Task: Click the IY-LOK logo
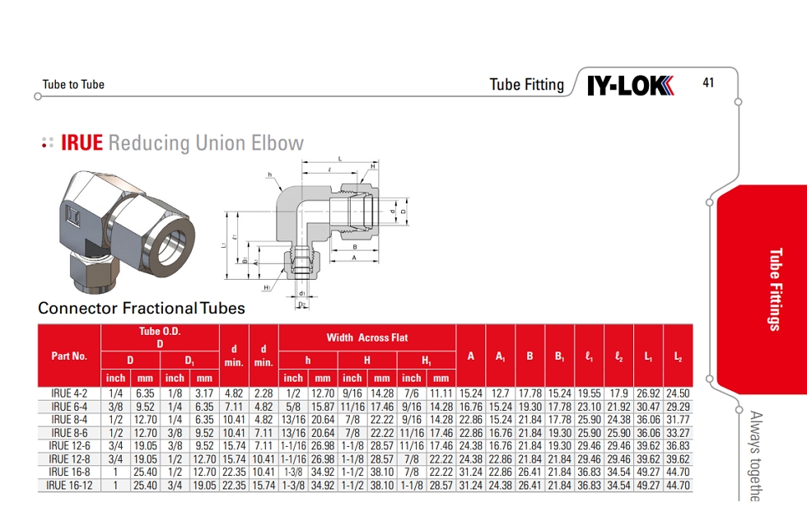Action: [630, 85]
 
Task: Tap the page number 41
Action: [708, 82]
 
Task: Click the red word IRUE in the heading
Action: [82, 143]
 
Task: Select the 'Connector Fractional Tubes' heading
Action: [142, 309]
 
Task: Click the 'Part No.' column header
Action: [69, 356]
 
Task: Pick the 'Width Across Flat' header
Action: [367, 337]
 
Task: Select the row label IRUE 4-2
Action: [69, 393]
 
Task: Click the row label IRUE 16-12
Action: [69, 486]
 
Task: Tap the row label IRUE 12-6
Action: [69, 446]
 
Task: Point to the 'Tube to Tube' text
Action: [73, 85]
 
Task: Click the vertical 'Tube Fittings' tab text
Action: [773, 289]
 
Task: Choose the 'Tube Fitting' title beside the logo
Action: [527, 85]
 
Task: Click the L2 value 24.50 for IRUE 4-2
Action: [678, 393]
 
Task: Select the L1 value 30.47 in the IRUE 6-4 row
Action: [648, 407]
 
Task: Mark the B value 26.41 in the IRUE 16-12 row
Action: [530, 486]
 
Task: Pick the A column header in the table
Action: [471, 356]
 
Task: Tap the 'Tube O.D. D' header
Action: [160, 337]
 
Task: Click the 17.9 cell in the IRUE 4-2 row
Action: [618, 393]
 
